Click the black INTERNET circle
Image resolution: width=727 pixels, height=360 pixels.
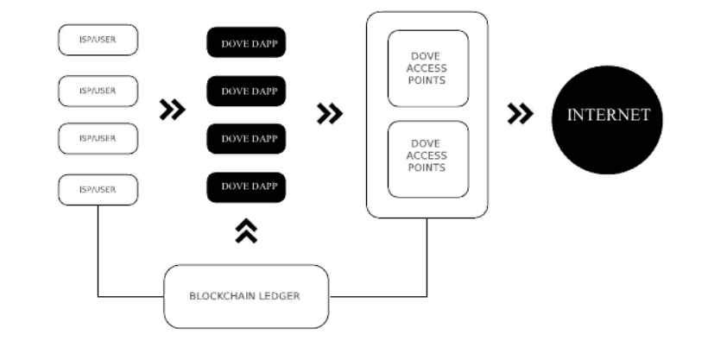[608, 117]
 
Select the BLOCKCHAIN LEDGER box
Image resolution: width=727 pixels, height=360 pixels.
[246, 296]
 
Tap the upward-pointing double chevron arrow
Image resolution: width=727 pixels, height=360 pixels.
[246, 231]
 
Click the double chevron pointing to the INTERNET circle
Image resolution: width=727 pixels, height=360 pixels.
[519, 114]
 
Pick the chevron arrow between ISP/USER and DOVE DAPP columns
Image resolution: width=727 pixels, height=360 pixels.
[173, 110]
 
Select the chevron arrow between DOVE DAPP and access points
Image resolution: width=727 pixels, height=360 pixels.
[329, 113]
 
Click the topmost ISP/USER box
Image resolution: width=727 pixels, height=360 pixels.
[98, 41]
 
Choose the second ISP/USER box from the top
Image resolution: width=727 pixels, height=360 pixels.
[98, 90]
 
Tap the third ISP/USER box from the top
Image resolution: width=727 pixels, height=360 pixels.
[98, 138]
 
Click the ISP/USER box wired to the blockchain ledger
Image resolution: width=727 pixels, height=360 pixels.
[98, 189]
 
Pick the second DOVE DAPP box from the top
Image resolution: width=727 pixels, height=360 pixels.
[246, 91]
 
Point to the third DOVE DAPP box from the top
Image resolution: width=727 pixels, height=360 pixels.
[246, 138]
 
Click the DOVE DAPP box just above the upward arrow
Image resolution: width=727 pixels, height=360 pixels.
[246, 186]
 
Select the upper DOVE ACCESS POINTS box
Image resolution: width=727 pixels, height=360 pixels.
[427, 68]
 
